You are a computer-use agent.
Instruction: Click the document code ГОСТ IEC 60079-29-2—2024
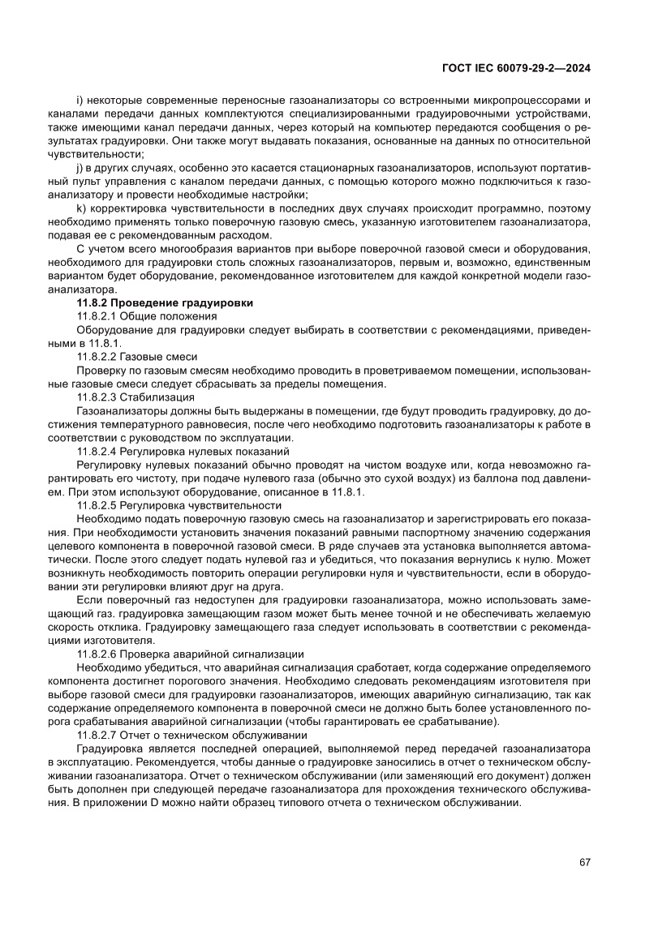pyautogui.click(x=514, y=69)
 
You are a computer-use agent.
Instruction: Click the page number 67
pyautogui.click(x=584, y=862)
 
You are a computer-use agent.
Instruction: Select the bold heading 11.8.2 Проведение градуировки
pyautogui.click(x=165, y=302)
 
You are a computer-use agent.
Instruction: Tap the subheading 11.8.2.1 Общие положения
pyautogui.click(x=146, y=316)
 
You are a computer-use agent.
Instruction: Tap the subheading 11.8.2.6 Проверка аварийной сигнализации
pyautogui.click(x=191, y=653)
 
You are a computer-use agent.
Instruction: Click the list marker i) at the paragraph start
pyautogui.click(x=79, y=100)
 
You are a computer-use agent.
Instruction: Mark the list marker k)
pyautogui.click(x=80, y=208)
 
